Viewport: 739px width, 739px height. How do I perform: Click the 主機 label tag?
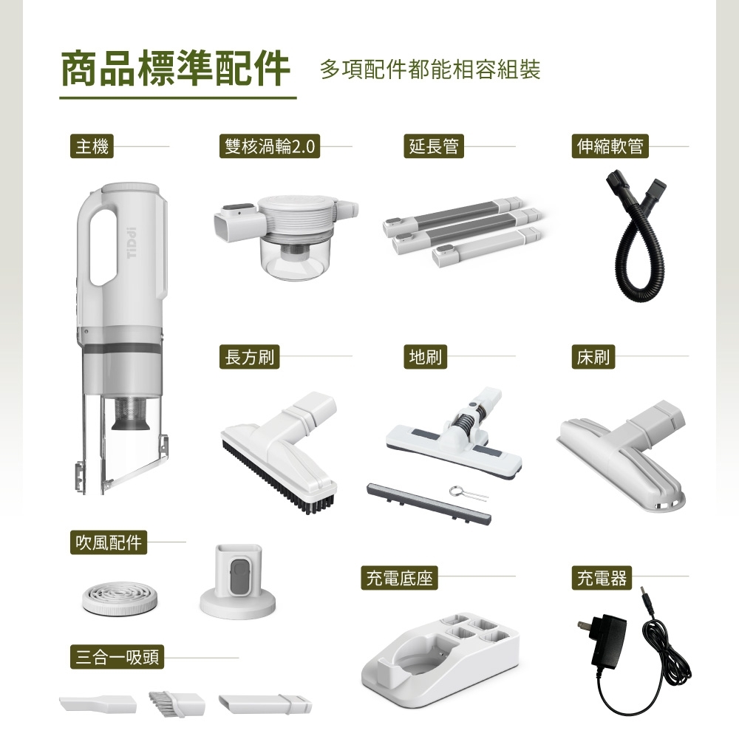coord(92,146)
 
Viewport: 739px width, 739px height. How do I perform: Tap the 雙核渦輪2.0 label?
coord(270,146)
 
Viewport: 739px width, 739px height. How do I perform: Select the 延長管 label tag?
coord(434,146)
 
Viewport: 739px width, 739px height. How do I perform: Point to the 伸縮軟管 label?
coord(610,146)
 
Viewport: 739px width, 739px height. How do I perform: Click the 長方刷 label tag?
coord(249,357)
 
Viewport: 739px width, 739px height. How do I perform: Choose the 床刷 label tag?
coord(593,357)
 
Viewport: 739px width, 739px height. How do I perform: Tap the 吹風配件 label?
coord(109,542)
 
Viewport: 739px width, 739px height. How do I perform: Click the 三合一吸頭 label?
coord(117,657)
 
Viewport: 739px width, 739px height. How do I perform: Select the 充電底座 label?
coord(399,578)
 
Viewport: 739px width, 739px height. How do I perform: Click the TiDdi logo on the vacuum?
coord(132,242)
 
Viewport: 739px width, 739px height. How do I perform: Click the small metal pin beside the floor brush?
coord(468,493)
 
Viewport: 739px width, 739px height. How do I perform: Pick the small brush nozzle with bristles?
coord(177,703)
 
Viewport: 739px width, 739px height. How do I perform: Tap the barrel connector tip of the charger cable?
coord(644,595)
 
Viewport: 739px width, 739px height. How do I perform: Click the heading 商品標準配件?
coord(175,69)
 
